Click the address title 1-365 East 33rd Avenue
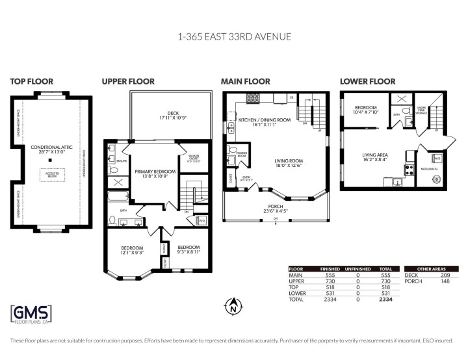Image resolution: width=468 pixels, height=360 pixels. click(x=234, y=37)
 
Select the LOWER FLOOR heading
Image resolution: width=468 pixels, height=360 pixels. click(x=367, y=81)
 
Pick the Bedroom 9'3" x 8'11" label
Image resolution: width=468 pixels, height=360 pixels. click(x=188, y=250)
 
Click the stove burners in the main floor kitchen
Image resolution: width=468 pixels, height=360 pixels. click(x=252, y=99)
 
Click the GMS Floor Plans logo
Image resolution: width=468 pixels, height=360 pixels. click(x=31, y=315)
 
